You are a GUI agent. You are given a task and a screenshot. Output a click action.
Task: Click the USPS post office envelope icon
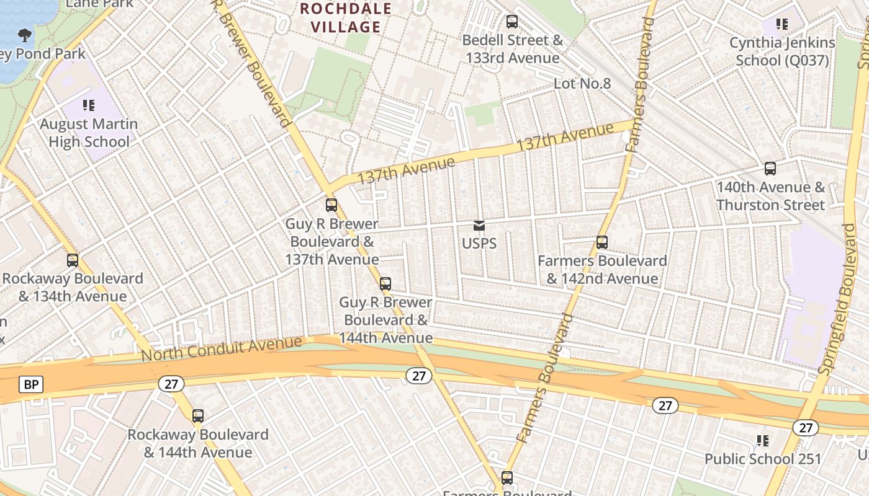coord(479,225)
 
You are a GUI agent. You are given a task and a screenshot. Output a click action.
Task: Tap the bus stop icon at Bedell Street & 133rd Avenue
coord(512,22)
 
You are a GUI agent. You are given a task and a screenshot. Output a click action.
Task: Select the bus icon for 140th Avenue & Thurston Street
coord(770,168)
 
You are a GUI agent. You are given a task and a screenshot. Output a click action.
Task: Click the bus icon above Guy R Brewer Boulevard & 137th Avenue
coord(331,205)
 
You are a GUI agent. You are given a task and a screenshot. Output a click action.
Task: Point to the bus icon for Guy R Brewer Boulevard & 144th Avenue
coord(385,284)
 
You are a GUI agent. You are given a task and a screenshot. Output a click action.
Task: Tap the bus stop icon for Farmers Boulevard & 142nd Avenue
coord(602,242)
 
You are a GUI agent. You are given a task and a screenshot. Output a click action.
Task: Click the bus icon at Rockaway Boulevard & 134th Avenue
coord(73,260)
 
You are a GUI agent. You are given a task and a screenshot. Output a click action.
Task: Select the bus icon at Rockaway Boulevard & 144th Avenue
coord(198,416)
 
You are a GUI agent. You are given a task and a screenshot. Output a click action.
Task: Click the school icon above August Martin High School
coord(89,105)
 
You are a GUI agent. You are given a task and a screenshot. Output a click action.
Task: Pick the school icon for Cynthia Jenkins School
coord(782,24)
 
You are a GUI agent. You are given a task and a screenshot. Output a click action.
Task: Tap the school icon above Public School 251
coord(763,441)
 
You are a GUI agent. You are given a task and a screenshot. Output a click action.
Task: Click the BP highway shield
coord(30,384)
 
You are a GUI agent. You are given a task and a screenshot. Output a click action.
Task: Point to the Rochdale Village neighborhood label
coord(346,18)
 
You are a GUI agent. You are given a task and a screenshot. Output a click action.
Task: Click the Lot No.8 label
coord(582,83)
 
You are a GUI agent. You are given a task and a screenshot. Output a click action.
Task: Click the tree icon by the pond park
coord(25,35)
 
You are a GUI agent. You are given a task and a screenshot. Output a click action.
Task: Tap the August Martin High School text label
coord(89,133)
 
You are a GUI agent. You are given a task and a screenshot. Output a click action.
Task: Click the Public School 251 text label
coord(763,459)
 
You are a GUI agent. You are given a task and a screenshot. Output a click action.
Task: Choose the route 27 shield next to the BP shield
coord(171,384)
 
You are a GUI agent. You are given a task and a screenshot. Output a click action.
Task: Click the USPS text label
coord(479,243)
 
